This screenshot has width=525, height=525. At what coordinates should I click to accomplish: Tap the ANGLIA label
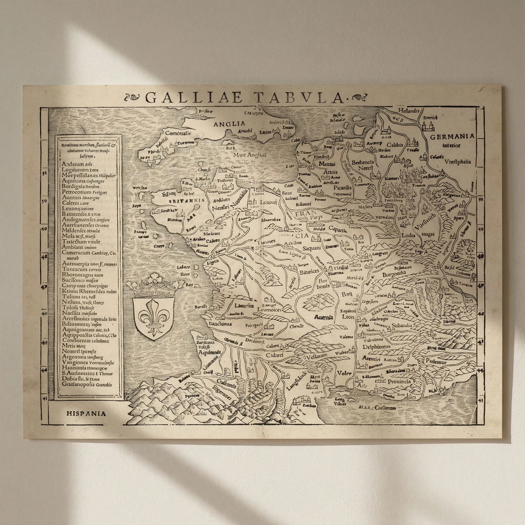click(229, 124)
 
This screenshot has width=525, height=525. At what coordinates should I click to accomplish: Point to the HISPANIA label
click(86, 413)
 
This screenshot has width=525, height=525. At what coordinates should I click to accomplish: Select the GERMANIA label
click(452, 136)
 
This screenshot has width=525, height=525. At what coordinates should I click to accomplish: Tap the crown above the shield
click(154, 286)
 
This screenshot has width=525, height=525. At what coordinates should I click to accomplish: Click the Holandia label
click(409, 111)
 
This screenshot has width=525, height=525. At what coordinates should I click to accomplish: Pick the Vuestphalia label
click(458, 161)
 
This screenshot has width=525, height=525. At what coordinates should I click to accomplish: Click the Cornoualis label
click(178, 134)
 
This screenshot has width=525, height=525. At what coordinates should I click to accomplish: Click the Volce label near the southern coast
click(344, 373)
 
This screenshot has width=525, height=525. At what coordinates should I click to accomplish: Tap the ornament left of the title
click(135, 97)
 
